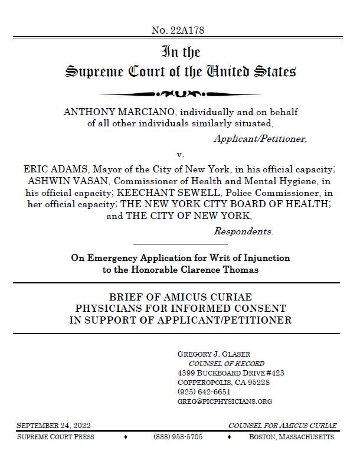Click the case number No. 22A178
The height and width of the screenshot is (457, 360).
[x=178, y=30]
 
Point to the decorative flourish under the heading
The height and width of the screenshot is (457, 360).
[x=180, y=94]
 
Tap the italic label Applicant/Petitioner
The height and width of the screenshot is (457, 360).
[x=260, y=139]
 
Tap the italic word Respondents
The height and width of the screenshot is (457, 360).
[x=243, y=231]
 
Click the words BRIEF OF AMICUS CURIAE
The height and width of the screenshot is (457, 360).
[x=180, y=297]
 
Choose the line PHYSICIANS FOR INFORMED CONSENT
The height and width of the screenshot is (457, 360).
[x=180, y=308]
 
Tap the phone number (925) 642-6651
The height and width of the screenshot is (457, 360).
[x=204, y=391]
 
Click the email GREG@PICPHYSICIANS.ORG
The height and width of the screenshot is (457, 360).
[x=224, y=401]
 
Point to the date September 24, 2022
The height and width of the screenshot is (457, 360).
[x=54, y=426]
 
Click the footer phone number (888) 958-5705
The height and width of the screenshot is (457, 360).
[x=178, y=437]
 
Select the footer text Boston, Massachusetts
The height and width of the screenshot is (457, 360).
[x=292, y=437]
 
